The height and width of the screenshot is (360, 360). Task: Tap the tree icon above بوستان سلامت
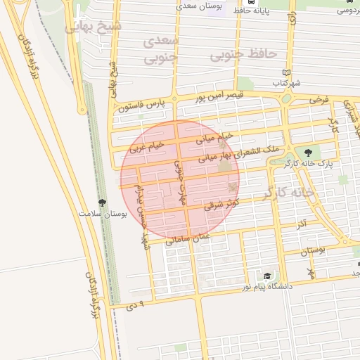(x=103, y=202)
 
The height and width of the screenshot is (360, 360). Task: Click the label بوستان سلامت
(x=103, y=213)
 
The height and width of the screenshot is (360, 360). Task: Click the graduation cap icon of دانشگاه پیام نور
(x=267, y=276)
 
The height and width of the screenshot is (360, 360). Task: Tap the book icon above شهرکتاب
(x=285, y=72)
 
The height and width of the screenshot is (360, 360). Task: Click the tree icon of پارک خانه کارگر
(x=307, y=152)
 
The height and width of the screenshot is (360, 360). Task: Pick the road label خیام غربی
(x=146, y=146)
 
